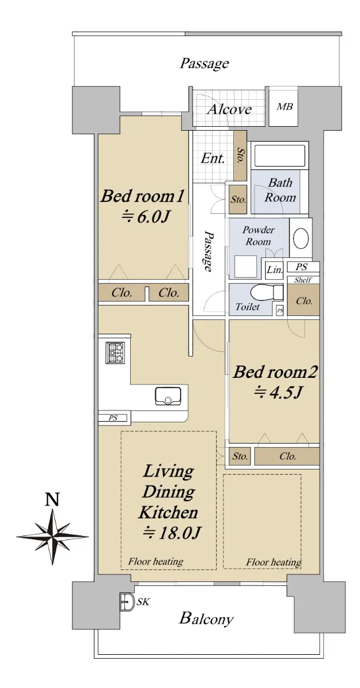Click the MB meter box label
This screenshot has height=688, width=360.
285,107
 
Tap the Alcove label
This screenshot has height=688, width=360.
229,110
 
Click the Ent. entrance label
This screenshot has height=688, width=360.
213,158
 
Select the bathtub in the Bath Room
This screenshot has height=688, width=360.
280,156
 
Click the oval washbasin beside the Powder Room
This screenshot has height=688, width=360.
301,238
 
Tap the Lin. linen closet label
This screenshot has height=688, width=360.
275,270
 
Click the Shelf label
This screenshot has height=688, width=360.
303,280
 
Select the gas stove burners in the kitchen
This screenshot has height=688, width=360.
115,353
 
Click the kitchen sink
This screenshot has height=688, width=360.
168,396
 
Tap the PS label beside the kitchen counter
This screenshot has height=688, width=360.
113,418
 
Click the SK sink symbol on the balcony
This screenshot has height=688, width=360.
127,601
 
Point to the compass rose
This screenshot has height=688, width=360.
53,537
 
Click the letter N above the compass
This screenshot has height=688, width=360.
52,499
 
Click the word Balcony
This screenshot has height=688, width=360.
206,617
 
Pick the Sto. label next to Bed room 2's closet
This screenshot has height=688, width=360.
240,456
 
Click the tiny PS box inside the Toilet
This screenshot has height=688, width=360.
280,311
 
